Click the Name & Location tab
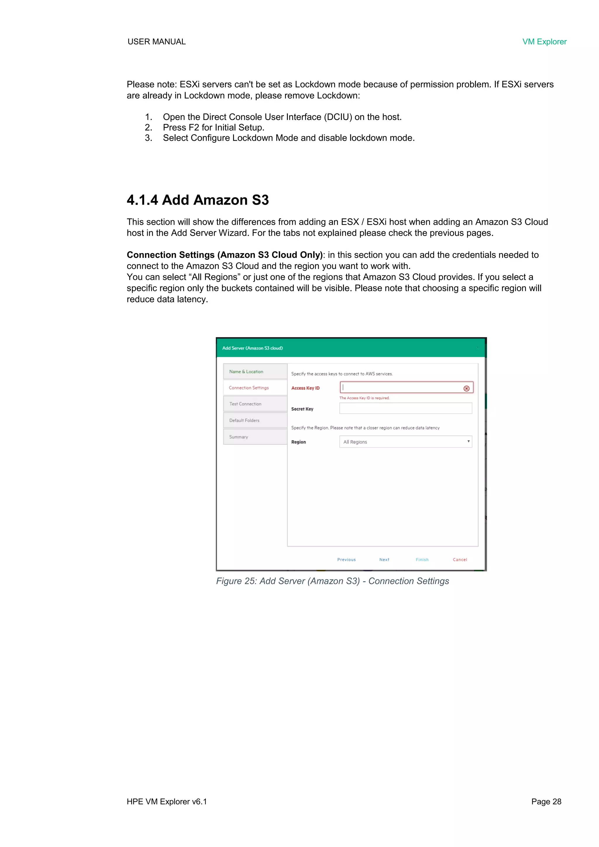(254, 372)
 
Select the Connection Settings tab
(254, 388)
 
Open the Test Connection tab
(254, 404)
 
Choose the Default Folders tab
(254, 420)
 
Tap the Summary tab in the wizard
(254, 437)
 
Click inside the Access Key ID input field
(400, 387)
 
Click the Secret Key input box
(405, 408)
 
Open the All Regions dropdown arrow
(468, 441)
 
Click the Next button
(384, 560)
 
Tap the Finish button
(422, 560)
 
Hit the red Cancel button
(459, 560)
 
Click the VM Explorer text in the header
(544, 42)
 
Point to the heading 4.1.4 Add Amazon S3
(198, 200)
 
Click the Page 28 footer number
(546, 801)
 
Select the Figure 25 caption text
(332, 581)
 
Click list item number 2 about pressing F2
(214, 128)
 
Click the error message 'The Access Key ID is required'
(364, 398)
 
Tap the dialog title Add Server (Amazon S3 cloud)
(252, 348)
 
